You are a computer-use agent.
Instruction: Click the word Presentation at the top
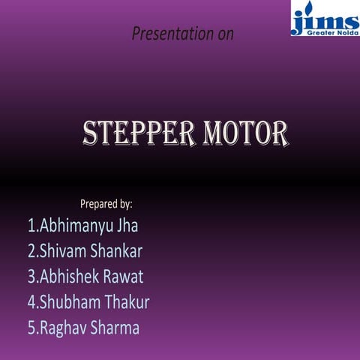click(170, 34)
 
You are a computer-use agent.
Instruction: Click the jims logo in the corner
click(325, 19)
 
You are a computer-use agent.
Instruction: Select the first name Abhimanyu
click(75, 225)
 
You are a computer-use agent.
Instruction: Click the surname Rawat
click(123, 276)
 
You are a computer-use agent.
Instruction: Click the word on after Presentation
click(224, 34)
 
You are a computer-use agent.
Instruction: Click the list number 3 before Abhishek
click(31, 276)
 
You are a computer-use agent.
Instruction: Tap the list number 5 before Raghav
click(31, 328)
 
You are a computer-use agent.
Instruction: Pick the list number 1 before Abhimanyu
click(31, 225)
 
